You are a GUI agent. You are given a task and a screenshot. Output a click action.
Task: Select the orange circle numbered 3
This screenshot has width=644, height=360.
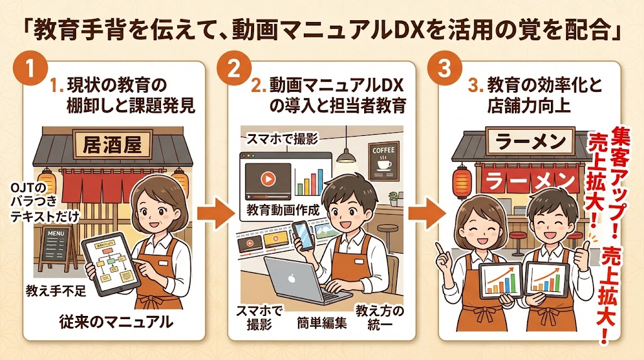[x=444, y=69]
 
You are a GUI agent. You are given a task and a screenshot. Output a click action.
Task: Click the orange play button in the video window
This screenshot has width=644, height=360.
[x=267, y=179]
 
